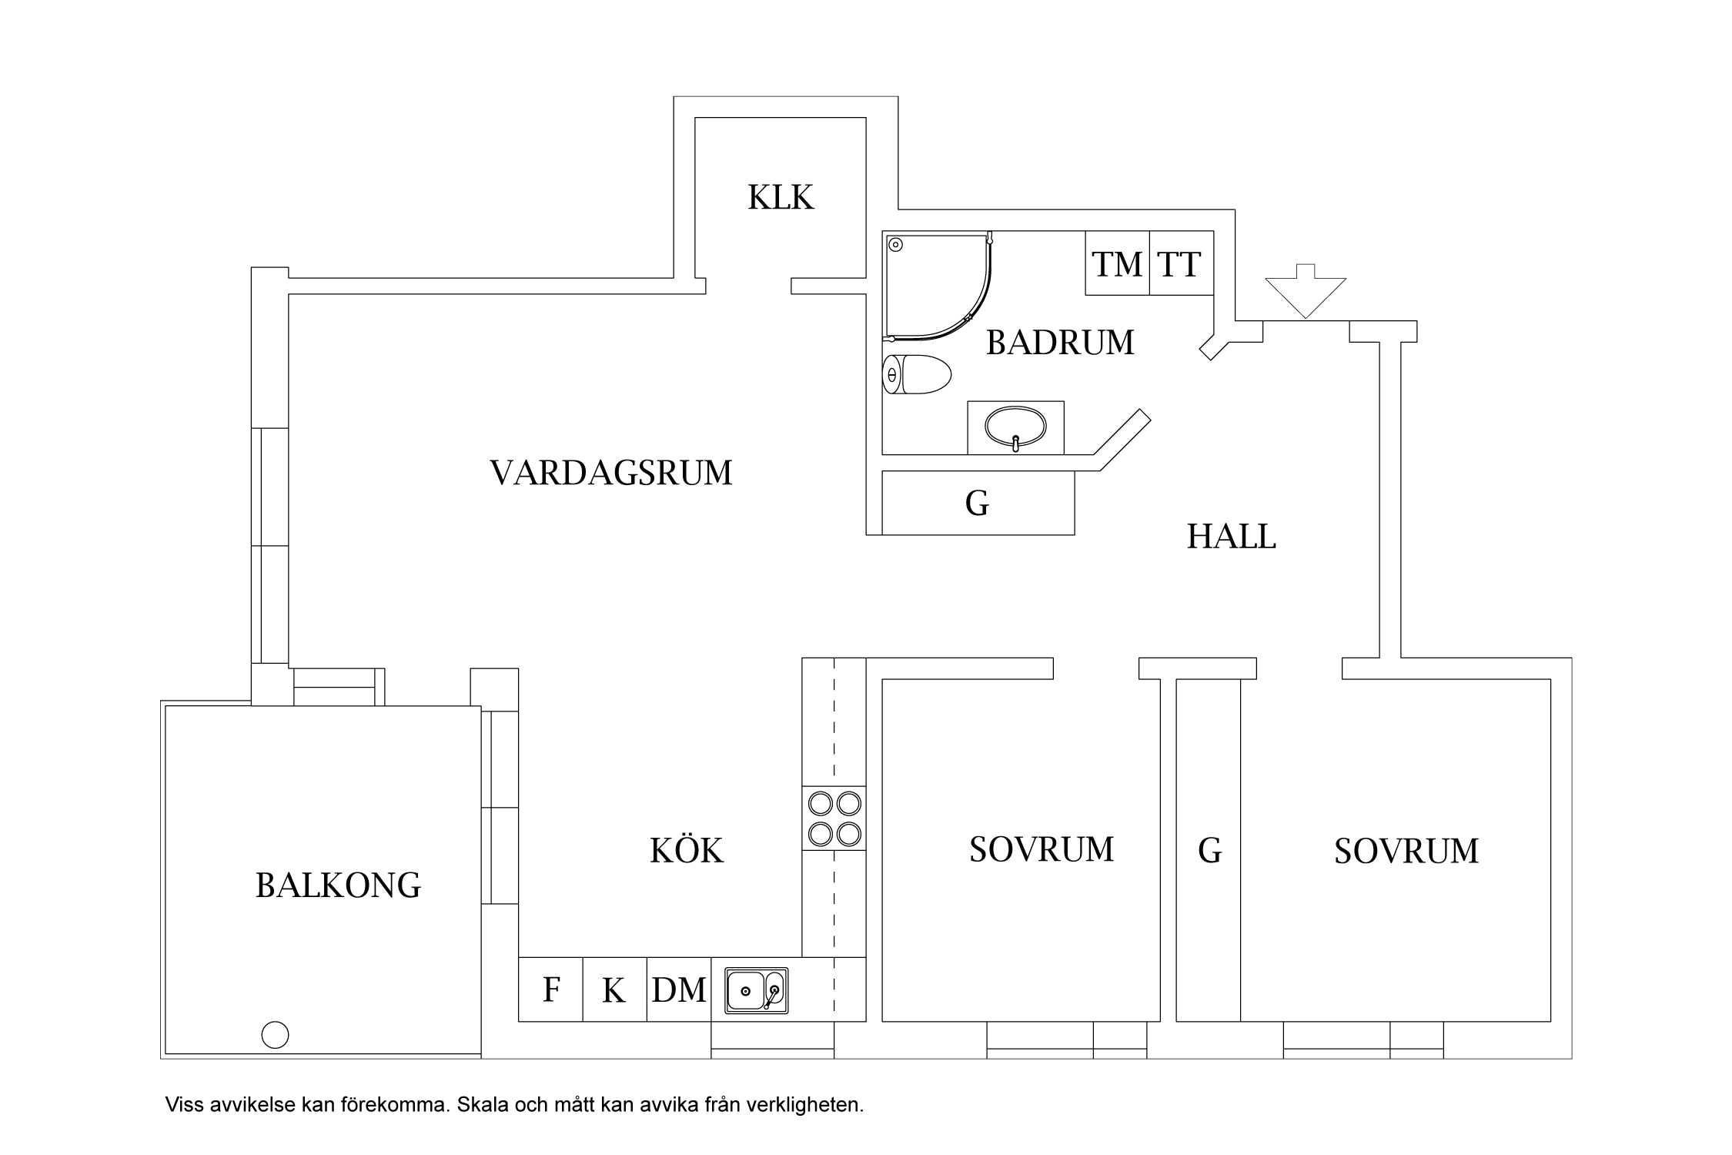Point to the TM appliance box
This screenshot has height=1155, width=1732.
1117,263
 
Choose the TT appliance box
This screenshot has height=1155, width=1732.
1181,263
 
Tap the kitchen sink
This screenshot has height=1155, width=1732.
756,990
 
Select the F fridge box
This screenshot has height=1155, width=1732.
550,989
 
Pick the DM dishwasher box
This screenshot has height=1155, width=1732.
678,989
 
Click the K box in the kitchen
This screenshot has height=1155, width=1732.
614,989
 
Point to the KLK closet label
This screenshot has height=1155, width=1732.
781,198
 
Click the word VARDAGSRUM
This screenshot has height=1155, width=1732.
611,473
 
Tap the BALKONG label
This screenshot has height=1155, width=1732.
338,885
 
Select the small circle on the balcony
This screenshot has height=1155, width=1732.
275,1034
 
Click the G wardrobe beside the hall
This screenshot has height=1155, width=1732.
977,504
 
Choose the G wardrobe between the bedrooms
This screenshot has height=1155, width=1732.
1209,851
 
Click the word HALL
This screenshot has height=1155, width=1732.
1231,537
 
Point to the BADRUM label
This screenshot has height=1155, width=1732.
1060,343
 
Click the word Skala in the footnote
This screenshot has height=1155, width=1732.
482,1105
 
